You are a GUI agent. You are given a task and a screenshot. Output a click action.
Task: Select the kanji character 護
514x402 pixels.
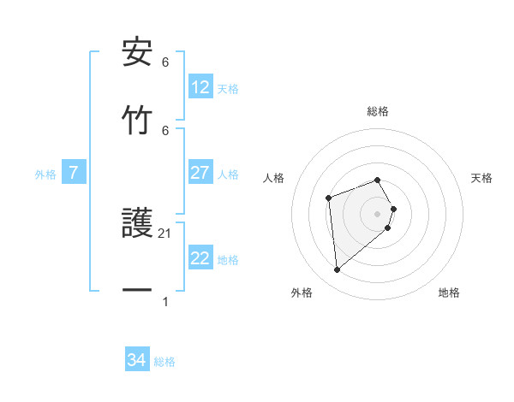pos(137,224)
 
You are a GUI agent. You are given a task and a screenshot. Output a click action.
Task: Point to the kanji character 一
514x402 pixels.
pos(137,291)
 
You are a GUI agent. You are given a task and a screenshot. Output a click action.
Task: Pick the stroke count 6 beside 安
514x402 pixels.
pos(165,62)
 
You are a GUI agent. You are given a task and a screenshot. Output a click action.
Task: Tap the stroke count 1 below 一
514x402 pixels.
pos(165,301)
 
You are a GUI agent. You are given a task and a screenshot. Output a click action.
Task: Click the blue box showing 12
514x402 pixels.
pos(200,87)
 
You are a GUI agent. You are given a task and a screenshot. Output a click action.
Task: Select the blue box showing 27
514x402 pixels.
pos(200,173)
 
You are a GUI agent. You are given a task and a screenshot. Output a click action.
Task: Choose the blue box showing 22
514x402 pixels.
pos(200,259)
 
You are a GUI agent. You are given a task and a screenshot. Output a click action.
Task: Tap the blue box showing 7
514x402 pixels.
pos(74,174)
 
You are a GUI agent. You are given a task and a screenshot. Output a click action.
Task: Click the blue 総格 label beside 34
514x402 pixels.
pos(164,362)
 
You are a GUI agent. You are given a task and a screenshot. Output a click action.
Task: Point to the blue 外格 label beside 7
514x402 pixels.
pos(45,174)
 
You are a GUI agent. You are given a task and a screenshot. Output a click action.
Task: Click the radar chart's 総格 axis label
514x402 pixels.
pos(378,111)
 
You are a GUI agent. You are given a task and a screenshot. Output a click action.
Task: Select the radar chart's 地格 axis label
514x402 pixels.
pos(449,293)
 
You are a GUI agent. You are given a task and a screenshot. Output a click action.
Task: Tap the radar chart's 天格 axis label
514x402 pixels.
pos(481,178)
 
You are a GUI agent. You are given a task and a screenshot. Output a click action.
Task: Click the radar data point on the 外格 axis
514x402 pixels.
pos(338,270)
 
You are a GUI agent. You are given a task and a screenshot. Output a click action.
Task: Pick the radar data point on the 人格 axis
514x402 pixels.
pos(328,198)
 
